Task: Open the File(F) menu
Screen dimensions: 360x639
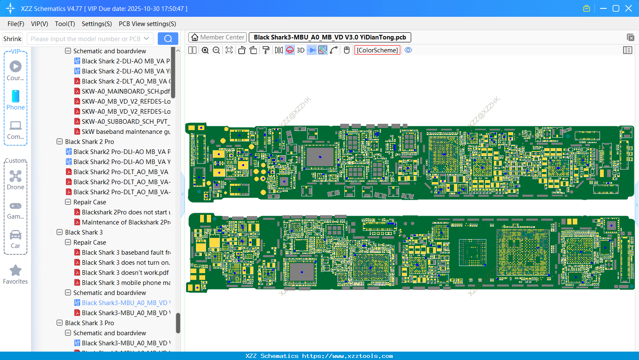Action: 16,24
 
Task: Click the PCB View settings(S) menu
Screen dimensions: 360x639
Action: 147,24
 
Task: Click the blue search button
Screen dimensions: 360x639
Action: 168,39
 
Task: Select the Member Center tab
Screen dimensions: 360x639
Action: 217,37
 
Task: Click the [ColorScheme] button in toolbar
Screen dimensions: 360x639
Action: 377,50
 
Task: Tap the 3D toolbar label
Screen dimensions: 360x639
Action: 300,50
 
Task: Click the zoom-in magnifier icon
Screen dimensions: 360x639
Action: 205,50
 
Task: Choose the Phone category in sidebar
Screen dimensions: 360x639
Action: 16,100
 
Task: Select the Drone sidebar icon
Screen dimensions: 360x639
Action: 16,180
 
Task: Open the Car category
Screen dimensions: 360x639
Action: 16,238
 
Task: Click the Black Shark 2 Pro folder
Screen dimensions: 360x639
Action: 89,142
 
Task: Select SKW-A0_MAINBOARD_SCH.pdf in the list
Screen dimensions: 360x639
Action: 125,91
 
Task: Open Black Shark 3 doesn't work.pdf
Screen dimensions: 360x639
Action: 125,273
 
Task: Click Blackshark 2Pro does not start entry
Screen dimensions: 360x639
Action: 126,212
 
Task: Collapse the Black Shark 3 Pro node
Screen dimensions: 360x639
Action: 60,323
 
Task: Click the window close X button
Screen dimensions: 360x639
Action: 629,8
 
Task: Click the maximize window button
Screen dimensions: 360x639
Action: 616,8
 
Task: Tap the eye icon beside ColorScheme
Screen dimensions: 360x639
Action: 408,50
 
